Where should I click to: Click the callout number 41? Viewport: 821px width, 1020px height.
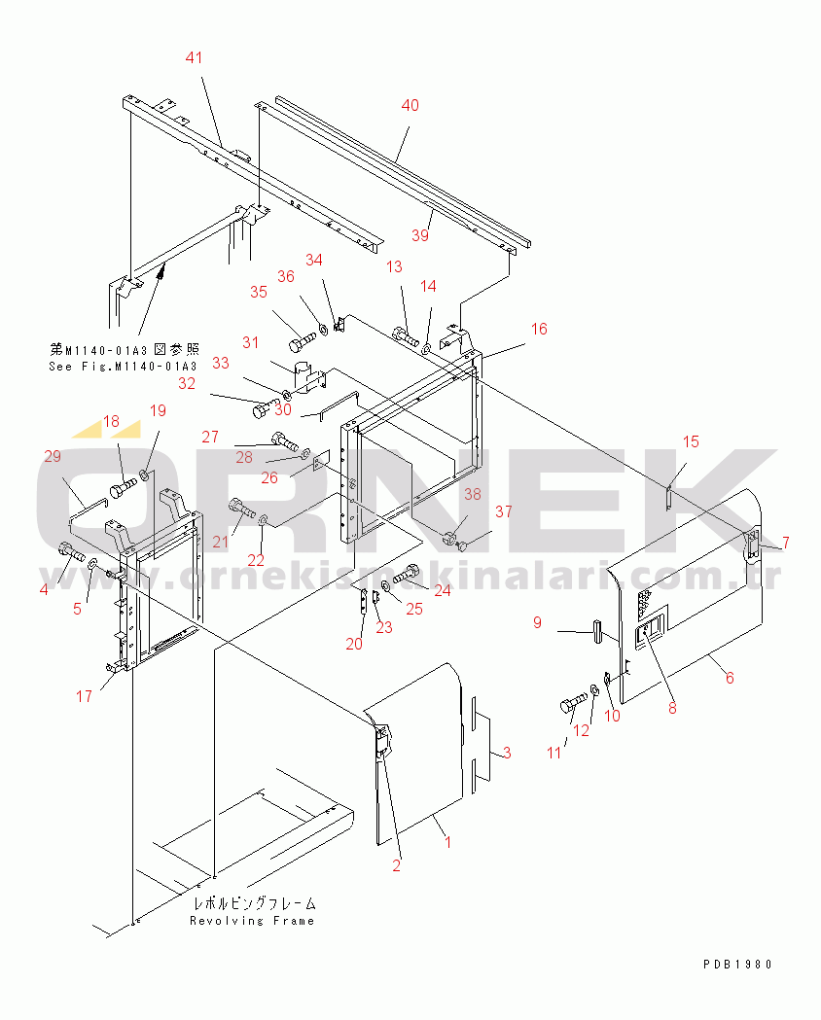194,58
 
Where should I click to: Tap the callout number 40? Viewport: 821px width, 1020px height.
410,105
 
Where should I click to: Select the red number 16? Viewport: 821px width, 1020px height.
539,330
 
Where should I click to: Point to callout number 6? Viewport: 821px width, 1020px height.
730,679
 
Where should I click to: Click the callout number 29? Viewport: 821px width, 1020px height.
53,457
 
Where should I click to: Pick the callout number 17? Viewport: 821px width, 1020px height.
84,697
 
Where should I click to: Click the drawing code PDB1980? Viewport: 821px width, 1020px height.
737,964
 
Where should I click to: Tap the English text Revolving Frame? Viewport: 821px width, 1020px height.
252,921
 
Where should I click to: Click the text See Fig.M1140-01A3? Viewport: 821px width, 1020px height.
123,367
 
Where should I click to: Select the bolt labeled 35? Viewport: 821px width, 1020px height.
302,340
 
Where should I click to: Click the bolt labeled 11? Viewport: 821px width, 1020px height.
573,703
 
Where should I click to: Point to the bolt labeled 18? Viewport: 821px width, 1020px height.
123,488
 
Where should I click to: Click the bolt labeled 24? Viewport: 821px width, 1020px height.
406,573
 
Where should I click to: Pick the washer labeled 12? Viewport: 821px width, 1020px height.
594,688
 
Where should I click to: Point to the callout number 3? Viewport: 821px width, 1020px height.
507,754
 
